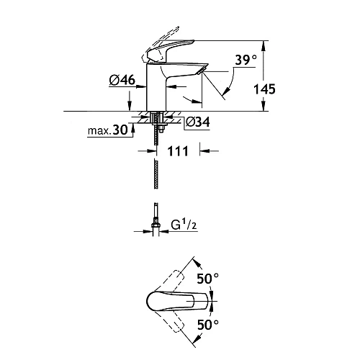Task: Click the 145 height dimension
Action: click(264, 89)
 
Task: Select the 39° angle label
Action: click(246, 60)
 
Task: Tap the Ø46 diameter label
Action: click(122, 80)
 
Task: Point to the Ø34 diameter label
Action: click(198, 122)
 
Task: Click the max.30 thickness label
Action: click(108, 130)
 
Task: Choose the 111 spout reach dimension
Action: click(178, 151)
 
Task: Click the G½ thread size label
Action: click(184, 225)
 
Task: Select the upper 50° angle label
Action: click(208, 279)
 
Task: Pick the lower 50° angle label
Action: click(208, 325)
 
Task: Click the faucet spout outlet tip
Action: click(202, 71)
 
